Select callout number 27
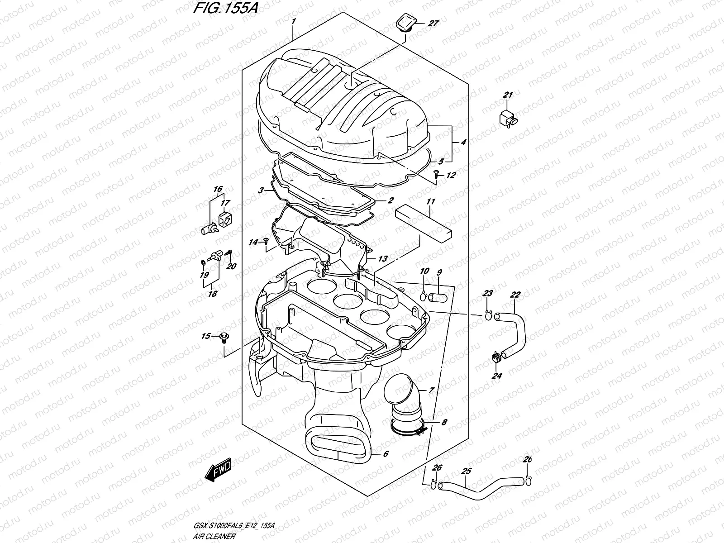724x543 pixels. tap(433, 24)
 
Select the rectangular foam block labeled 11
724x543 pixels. tap(424, 222)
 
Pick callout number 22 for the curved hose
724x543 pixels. tap(515, 295)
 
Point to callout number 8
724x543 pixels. tap(444, 422)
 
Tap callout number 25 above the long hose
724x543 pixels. tap(467, 471)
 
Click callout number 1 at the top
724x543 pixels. tap(294, 21)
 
